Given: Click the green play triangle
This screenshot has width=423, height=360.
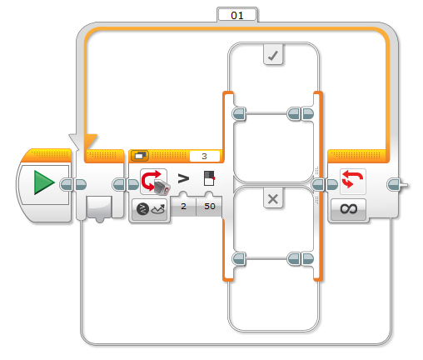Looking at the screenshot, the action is coord(44,182).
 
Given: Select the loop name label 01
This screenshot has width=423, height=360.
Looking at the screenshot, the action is coord(237,15).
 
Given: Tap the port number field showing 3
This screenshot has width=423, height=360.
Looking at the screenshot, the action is coord(205,156).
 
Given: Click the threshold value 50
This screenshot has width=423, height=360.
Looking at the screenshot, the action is coord(210,207).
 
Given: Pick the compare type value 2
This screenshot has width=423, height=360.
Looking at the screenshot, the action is coord(183,207).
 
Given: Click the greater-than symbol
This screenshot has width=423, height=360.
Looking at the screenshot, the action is coord(183,178).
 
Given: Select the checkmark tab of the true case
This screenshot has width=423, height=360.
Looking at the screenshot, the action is coord(273,55).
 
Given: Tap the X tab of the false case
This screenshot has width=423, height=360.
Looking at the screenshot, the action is coord(273,198).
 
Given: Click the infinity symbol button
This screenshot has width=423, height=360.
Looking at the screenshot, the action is coord(349,209).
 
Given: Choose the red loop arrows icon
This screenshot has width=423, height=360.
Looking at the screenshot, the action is coord(353,181).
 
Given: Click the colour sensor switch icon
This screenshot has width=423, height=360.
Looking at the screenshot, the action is coord(154,182).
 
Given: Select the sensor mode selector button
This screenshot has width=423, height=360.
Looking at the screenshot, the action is coord(150,210).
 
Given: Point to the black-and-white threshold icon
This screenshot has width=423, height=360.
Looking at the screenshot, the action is coord(209,178).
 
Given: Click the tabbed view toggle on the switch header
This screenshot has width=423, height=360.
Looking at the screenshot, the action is coord(140,156).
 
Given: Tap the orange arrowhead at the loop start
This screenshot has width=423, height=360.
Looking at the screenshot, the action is coord(90,142).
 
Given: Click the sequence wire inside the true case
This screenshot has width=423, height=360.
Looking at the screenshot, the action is coord(266,113).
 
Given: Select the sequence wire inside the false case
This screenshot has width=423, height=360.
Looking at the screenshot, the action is coord(266,258).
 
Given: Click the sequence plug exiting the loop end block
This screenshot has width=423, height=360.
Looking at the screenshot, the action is coord(397,185).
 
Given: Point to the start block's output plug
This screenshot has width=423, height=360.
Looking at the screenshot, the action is coord(66,185).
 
